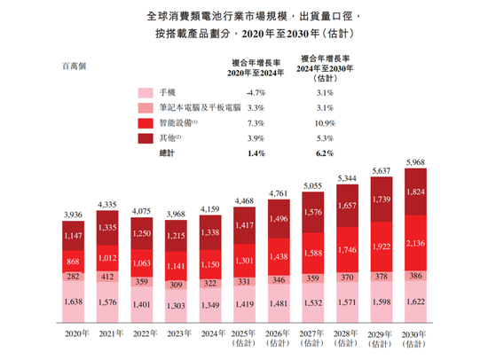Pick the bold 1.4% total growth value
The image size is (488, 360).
tap(256, 153)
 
